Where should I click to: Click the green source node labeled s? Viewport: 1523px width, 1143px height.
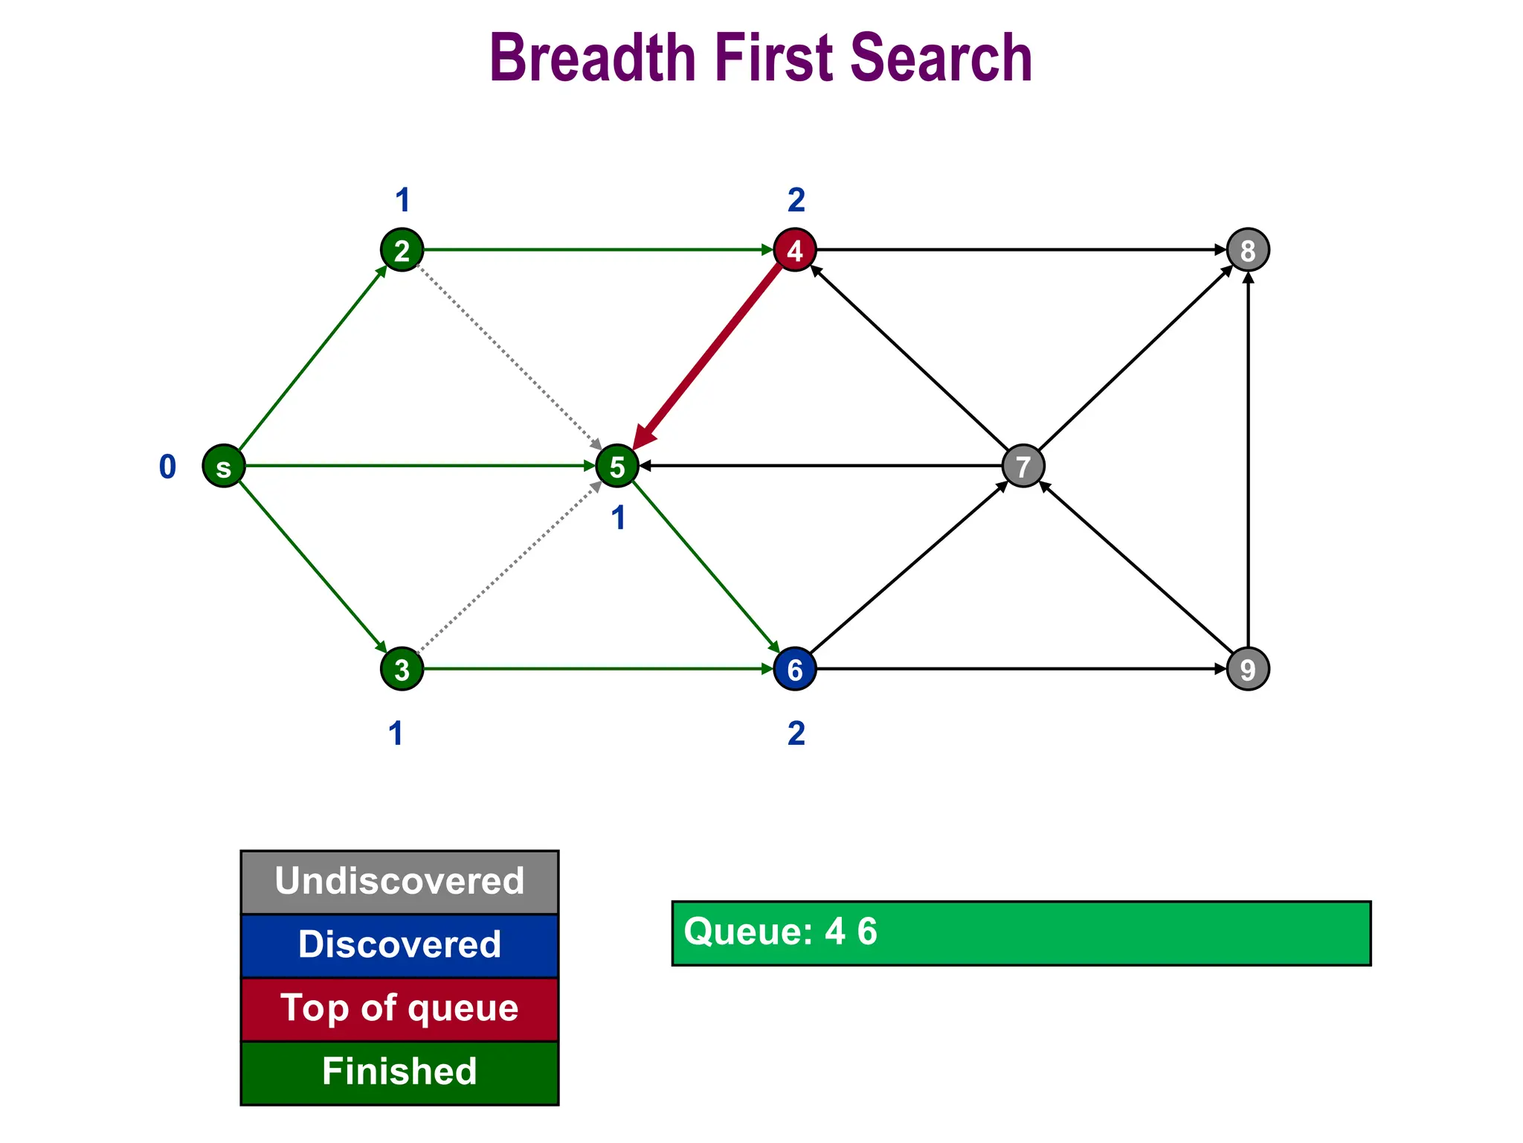tap(224, 467)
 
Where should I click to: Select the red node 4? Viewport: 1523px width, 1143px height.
tap(795, 250)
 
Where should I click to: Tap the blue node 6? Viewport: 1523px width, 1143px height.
tap(795, 669)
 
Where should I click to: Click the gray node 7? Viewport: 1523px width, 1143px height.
tap(1023, 467)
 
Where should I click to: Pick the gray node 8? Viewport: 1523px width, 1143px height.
tap(1248, 250)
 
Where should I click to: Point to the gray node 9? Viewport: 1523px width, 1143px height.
tap(1248, 669)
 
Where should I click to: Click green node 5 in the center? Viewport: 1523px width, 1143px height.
tap(617, 467)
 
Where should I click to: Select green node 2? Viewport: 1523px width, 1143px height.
tap(402, 250)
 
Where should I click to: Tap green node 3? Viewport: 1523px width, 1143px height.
tap(402, 669)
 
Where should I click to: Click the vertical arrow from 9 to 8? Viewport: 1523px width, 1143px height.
tap(1248, 461)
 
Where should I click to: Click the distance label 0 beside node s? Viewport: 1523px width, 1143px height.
tap(167, 467)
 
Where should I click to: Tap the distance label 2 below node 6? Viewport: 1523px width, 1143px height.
tap(796, 734)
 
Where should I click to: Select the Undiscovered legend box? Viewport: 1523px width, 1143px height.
tap(399, 882)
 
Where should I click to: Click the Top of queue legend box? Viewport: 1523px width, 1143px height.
tap(399, 1009)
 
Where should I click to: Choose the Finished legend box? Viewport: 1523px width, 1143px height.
tap(399, 1072)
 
